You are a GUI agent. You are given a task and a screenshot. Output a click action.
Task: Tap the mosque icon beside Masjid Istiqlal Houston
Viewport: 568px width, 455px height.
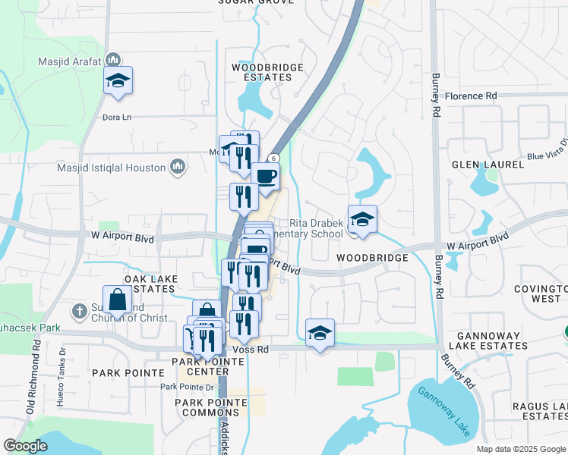178,166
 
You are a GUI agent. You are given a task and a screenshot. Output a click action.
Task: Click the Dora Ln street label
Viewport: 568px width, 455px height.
117,118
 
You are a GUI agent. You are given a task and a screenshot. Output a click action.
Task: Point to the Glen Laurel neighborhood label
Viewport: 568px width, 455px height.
488,165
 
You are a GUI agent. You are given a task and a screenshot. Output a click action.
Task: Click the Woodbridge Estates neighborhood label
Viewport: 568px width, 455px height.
267,72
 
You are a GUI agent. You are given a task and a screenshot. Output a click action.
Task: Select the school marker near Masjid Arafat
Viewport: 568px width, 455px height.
118,80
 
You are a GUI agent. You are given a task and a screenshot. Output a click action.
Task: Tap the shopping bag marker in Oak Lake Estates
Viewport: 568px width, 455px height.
118,300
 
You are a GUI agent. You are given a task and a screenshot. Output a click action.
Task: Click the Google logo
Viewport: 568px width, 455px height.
26,446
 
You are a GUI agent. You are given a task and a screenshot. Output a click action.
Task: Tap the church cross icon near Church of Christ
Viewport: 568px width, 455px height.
80,310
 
